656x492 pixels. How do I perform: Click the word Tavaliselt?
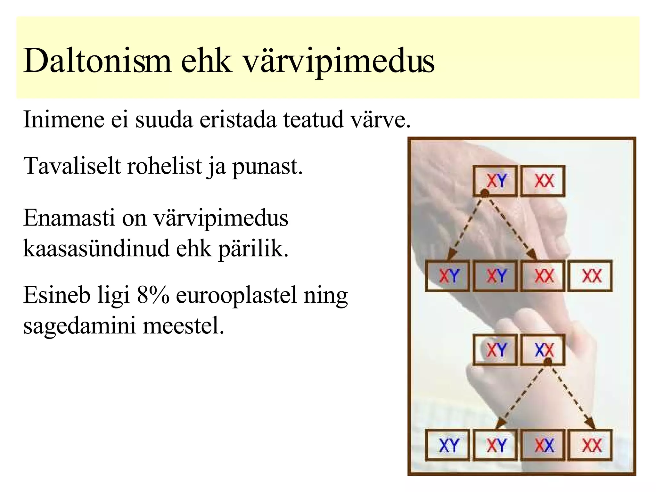click(72, 167)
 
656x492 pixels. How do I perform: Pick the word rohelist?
click(165, 167)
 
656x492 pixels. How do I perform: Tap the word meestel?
click(183, 326)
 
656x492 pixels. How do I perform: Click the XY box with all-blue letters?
click(447, 445)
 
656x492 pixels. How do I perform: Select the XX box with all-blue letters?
click(543, 350)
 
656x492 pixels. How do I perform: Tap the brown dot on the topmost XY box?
click(485, 193)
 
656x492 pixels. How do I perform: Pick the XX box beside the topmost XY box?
click(543, 181)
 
